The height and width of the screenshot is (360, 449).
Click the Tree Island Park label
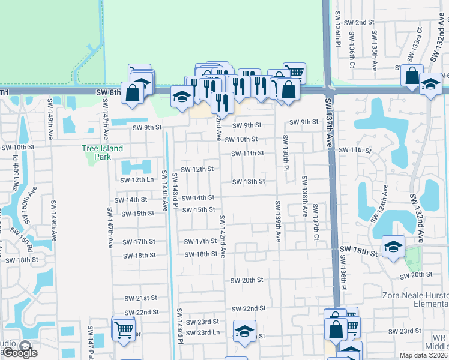(102, 152)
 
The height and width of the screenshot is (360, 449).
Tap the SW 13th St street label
(249, 181)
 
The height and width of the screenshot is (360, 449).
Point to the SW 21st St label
(140, 298)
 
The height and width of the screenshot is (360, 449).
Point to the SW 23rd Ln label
(202, 333)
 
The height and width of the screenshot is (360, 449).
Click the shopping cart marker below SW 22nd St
(123, 329)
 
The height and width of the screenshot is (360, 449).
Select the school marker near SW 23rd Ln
(244, 331)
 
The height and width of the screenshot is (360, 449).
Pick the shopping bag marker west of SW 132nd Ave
(412, 76)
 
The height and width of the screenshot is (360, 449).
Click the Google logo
(19, 352)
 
